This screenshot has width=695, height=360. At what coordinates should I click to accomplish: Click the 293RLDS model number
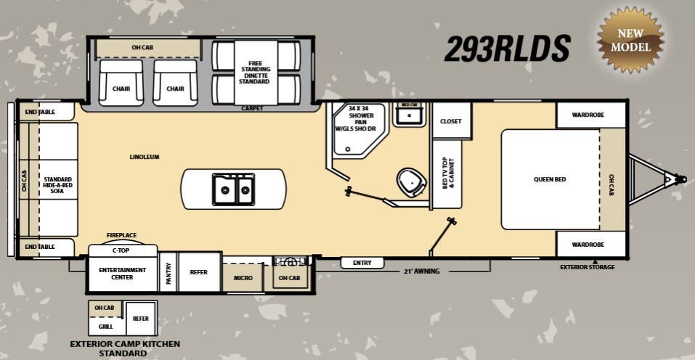click(507, 48)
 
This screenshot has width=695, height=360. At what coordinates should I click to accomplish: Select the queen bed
click(550, 179)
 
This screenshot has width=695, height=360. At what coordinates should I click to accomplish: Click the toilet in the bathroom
click(412, 181)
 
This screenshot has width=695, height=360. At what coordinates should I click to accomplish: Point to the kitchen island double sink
click(233, 189)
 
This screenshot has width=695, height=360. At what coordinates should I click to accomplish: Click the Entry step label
click(362, 263)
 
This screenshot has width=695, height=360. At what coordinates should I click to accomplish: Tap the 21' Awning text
click(422, 271)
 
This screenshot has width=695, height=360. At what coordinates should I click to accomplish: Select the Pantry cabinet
click(168, 272)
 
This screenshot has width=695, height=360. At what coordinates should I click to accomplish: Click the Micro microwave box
click(243, 278)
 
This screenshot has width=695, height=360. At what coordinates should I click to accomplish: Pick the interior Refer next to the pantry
click(199, 272)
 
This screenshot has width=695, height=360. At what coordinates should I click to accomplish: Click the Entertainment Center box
click(123, 273)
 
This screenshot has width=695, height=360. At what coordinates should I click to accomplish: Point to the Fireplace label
click(122, 235)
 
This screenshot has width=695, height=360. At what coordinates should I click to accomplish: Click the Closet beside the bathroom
click(451, 121)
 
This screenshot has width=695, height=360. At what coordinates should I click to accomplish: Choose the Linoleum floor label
click(145, 157)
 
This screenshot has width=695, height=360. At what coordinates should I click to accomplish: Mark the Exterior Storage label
click(587, 267)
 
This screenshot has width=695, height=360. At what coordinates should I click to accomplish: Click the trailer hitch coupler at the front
click(679, 178)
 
